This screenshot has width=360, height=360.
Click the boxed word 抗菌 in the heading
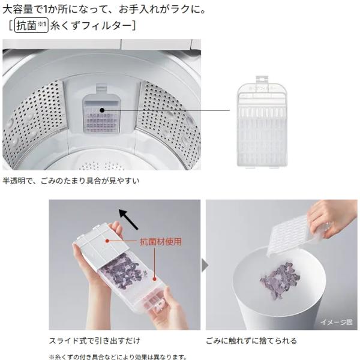[x=26, y=25]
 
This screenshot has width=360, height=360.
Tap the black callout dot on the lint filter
[x=102, y=110]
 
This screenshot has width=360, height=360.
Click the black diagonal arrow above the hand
[x=128, y=219]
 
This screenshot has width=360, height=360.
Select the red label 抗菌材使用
[x=161, y=242]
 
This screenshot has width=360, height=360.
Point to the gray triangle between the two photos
[x=205, y=265]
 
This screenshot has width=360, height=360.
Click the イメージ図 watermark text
[x=337, y=322]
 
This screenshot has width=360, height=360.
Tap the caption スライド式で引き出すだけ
[x=95, y=340]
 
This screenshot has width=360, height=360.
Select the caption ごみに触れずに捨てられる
[x=251, y=340]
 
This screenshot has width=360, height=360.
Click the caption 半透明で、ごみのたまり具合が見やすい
[x=71, y=181]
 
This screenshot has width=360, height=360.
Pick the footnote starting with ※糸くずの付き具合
[x=118, y=357]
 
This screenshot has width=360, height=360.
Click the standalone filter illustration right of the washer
[x=262, y=121]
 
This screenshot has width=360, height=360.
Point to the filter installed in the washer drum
[x=101, y=110]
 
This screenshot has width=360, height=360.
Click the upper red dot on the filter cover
[x=107, y=241]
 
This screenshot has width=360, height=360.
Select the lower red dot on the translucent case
[x=155, y=280]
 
